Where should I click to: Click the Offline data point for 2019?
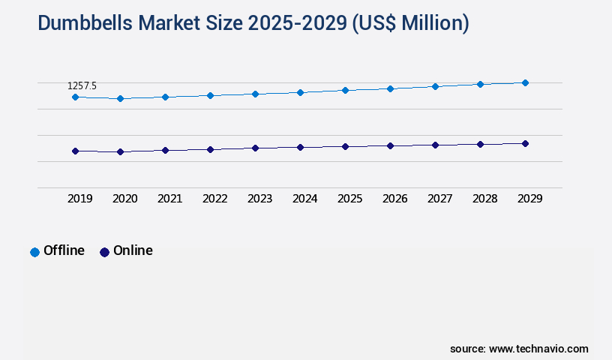(x=75, y=97)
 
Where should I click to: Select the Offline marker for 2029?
(x=525, y=82)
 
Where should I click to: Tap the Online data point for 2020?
(x=120, y=151)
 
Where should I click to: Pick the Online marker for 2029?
(x=525, y=143)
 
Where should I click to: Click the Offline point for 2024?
(x=300, y=92)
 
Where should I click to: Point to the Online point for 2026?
(x=390, y=145)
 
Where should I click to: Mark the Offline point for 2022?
(x=210, y=95)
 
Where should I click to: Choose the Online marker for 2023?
(x=255, y=148)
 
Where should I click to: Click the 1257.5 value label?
(x=82, y=86)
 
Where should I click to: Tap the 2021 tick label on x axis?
(x=169, y=199)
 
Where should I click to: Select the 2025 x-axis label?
(x=349, y=199)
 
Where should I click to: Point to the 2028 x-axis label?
(x=484, y=199)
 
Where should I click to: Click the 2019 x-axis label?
(x=79, y=199)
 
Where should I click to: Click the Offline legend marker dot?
(x=34, y=252)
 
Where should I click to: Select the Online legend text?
(x=133, y=250)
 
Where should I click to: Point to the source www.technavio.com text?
(x=519, y=349)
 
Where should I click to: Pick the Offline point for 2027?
(x=435, y=86)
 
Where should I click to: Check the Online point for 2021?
(x=165, y=150)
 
